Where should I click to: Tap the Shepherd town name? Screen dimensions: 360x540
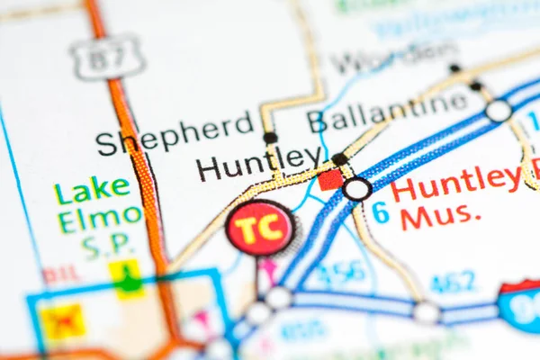[x=175, y=135]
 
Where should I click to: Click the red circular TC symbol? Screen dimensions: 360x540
[x=259, y=228]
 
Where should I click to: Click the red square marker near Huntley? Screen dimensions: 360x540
[x=330, y=179]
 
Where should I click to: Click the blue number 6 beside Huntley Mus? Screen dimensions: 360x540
[x=381, y=213]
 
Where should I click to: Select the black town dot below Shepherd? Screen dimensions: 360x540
[x=269, y=138]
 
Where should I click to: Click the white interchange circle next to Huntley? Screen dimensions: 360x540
[x=357, y=189]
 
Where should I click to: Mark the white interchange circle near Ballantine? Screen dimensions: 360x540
[x=498, y=111]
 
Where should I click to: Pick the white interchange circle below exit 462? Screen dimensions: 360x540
[x=426, y=312]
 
